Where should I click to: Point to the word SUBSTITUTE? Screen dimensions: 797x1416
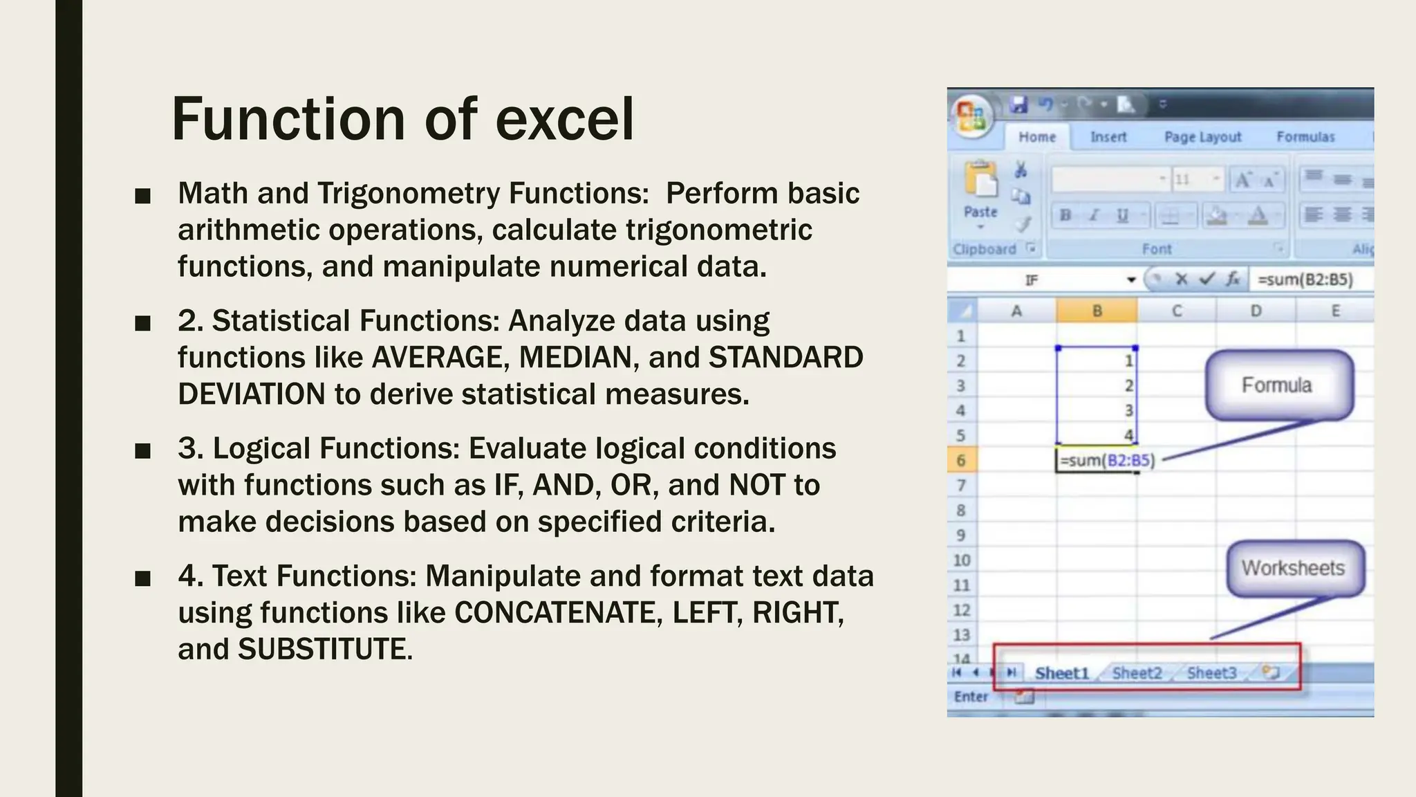tap(322, 650)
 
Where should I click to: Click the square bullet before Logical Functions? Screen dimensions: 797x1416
tap(143, 451)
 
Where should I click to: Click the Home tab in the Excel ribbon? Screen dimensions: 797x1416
tap(1036, 137)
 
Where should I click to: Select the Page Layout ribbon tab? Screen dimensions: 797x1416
tap(1202, 137)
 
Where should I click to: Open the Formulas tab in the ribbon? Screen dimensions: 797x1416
tap(1305, 137)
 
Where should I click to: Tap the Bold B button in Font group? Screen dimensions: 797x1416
tap(1065, 216)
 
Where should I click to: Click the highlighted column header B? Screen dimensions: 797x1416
tap(1097, 311)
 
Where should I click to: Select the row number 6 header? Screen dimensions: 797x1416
tap(961, 461)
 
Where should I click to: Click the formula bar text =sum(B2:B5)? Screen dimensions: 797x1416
tap(1305, 280)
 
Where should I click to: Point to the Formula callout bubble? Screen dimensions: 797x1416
tap(1278, 385)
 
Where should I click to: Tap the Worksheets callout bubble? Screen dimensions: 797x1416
tap(1294, 568)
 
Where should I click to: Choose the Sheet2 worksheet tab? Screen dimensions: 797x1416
tap(1137, 673)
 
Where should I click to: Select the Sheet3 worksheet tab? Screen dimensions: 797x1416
tap(1211, 673)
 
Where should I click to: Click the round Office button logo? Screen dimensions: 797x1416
tap(971, 116)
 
